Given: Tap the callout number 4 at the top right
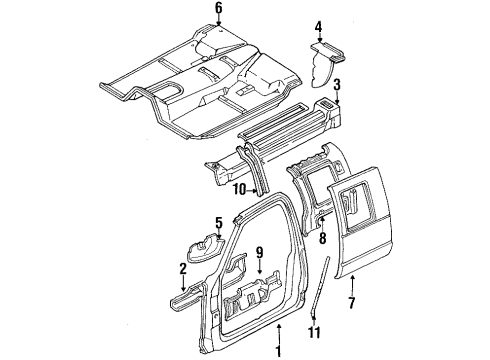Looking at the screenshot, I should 318,27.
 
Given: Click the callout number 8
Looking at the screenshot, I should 322,238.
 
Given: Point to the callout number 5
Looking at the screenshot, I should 218,222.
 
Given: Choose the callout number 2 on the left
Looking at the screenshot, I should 182,268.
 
